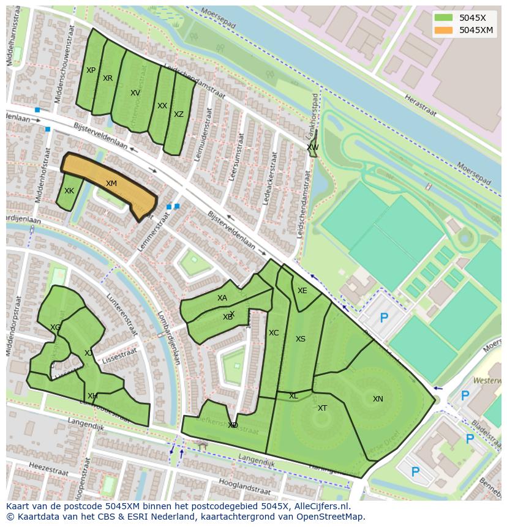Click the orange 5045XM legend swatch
[443, 31]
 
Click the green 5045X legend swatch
[443, 18]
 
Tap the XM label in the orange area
[111, 184]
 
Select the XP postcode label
[91, 70]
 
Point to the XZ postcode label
[178, 114]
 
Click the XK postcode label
[69, 191]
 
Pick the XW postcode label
[312, 148]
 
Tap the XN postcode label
[378, 399]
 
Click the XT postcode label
[322, 408]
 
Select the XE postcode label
[302, 291]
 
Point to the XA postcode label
[222, 298]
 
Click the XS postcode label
[300, 339]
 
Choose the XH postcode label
[92, 396]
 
